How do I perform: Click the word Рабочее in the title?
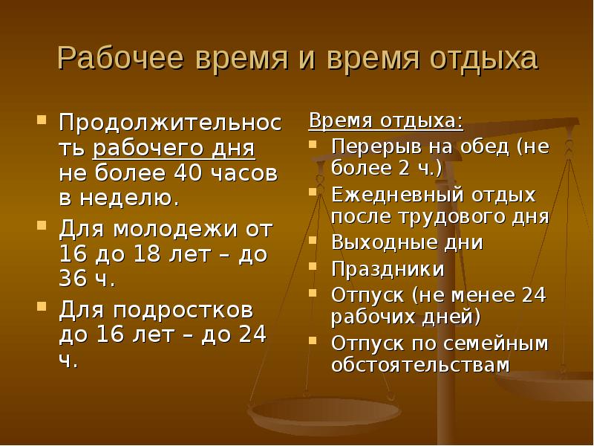pyautogui.click(x=120, y=58)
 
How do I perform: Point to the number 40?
pyautogui.click(x=187, y=172)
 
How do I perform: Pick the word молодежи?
pyautogui.click(x=175, y=230)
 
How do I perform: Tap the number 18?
pyautogui.click(x=148, y=253)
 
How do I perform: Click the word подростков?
pyautogui.click(x=183, y=310)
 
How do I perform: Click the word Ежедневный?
pyautogui.click(x=397, y=195)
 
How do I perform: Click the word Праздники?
pyautogui.click(x=388, y=269)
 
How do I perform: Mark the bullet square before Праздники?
pyautogui.click(x=313, y=266)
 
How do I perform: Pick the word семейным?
pyautogui.click(x=495, y=343)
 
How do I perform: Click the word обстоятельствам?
pyautogui.click(x=420, y=364)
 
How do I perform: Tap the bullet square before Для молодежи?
pyautogui.click(x=42, y=226)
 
